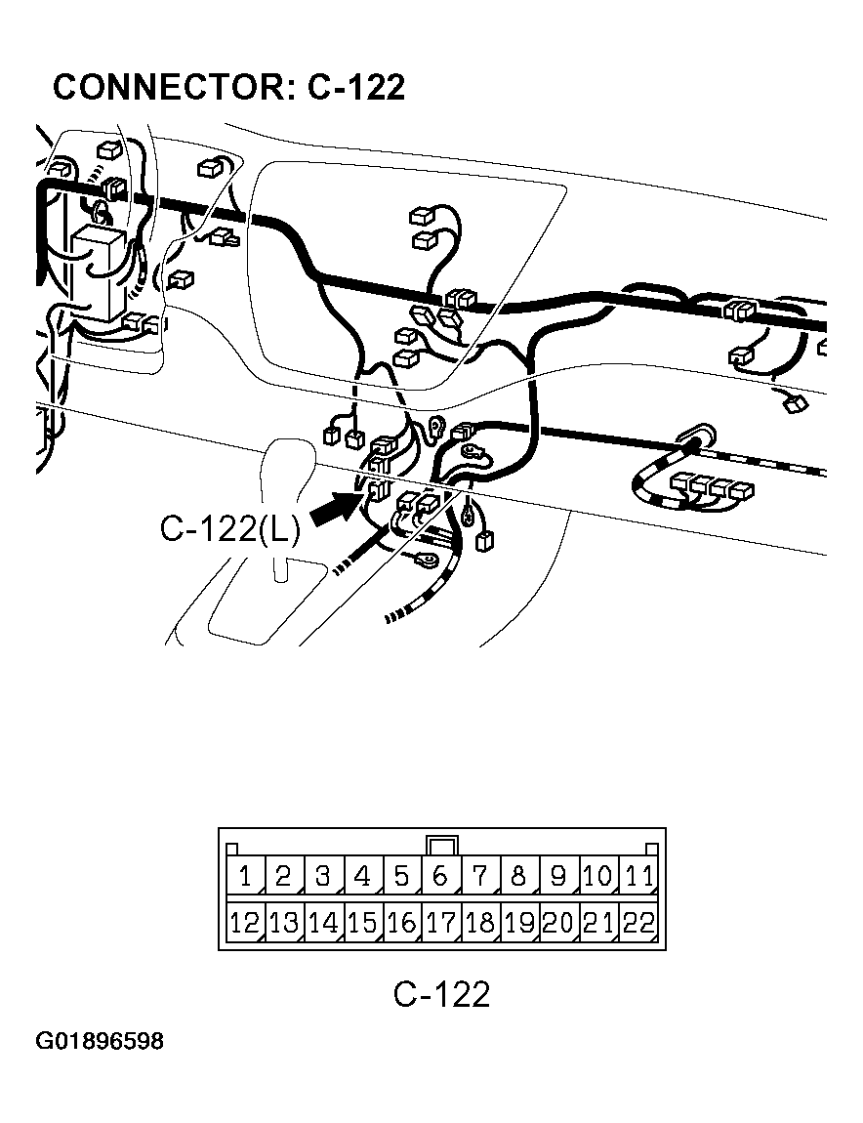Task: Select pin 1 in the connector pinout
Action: (x=245, y=875)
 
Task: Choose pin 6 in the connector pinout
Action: (x=441, y=875)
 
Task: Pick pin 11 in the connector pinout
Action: (x=638, y=875)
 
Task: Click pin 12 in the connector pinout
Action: (x=245, y=922)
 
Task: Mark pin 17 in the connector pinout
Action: (x=441, y=922)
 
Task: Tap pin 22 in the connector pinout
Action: (x=638, y=922)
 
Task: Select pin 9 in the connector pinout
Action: (x=558, y=875)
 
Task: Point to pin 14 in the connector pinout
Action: (x=323, y=922)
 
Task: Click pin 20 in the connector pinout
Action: (x=558, y=922)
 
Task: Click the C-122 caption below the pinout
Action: (x=441, y=994)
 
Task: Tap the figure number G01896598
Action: (x=100, y=1041)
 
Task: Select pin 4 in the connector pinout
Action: (x=362, y=875)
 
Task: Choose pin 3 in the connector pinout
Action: (x=323, y=875)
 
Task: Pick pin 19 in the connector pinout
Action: (x=519, y=922)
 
